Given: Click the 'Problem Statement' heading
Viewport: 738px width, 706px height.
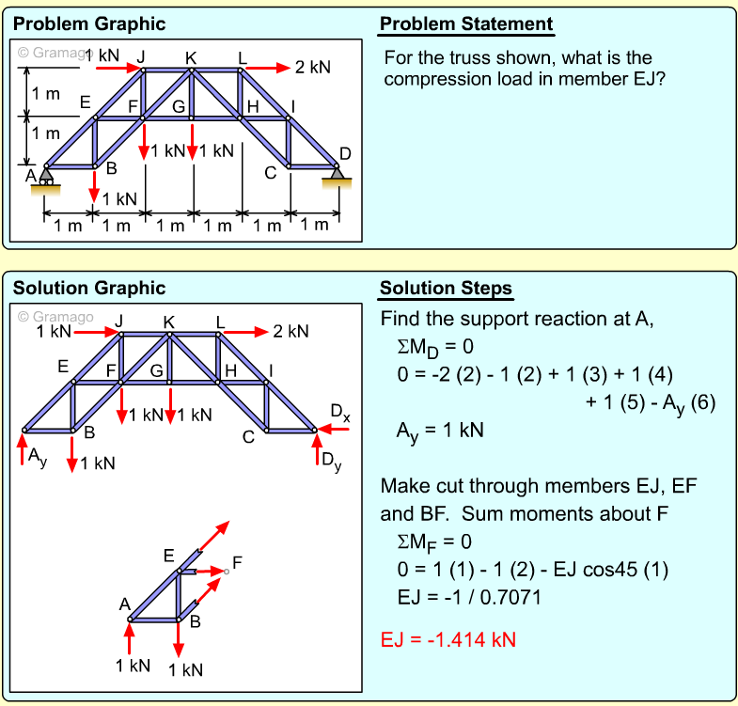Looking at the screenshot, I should click(466, 24).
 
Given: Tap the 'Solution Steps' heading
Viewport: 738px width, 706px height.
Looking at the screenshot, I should click(446, 288).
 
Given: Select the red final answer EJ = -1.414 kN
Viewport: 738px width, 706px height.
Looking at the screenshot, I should click(448, 640).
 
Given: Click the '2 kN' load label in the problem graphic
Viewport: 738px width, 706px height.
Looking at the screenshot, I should click(312, 68).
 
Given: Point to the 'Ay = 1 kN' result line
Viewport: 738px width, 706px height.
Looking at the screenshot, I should click(440, 431).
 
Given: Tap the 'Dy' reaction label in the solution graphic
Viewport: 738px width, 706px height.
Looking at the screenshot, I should click(332, 460).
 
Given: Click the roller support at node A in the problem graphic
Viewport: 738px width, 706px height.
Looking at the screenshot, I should click(46, 176).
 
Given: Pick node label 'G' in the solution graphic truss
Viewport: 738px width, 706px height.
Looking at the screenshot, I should click(157, 370).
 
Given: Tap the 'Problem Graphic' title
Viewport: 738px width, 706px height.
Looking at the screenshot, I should click(89, 24).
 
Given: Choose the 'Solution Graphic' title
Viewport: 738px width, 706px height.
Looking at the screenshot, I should click(89, 288).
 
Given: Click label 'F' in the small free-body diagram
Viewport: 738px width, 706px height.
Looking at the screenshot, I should click(237, 563).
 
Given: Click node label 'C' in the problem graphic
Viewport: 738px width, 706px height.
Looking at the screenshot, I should click(271, 172).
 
